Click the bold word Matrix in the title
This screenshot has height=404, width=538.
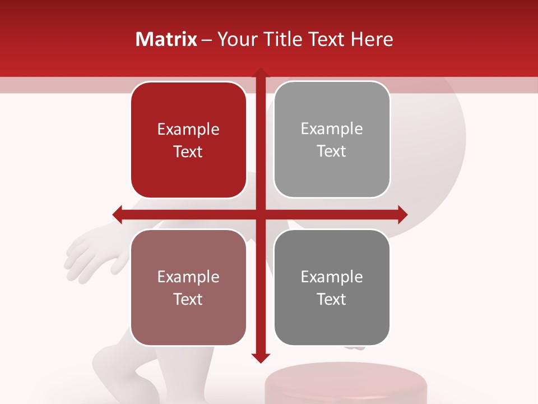(x=166, y=39)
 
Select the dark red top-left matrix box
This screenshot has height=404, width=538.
(x=188, y=140)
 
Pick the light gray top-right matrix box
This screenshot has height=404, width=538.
(x=332, y=140)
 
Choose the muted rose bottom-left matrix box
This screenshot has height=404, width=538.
(x=188, y=287)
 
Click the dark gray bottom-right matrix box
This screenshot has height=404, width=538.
(x=332, y=287)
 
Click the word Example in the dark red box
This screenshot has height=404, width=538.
(x=188, y=130)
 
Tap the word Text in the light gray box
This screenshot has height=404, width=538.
(x=332, y=151)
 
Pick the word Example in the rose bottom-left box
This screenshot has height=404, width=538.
(x=188, y=277)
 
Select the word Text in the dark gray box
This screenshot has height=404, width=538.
(x=332, y=299)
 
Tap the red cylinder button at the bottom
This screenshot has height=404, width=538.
(x=346, y=384)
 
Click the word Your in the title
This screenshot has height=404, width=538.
(x=235, y=39)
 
